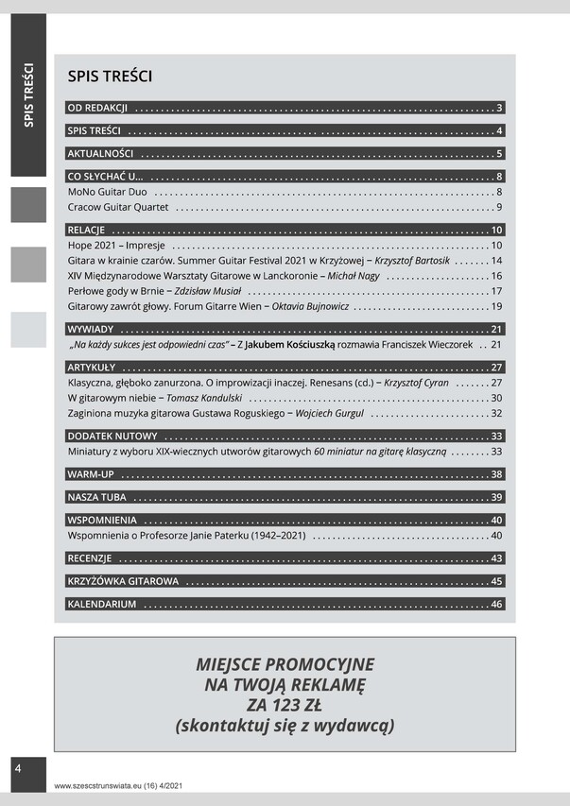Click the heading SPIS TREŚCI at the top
pyautogui.click(x=110, y=77)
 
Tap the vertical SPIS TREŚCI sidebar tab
pyautogui.click(x=28, y=94)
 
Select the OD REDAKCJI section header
pyautogui.click(x=98, y=108)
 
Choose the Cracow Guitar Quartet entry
pyautogui.click(x=118, y=207)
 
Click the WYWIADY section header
pyautogui.click(x=92, y=329)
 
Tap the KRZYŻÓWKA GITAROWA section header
pyautogui.click(x=123, y=580)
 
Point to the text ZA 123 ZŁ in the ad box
pyautogui.click(x=285, y=705)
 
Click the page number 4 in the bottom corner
pyautogui.click(x=17, y=769)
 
